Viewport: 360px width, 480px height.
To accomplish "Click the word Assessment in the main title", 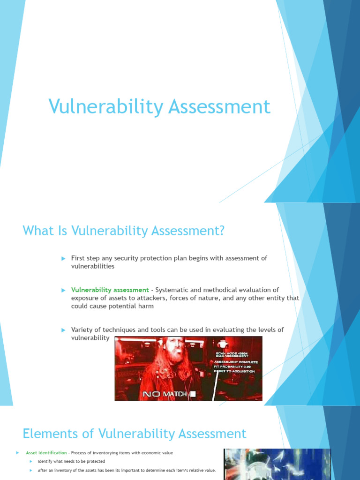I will [x=219, y=107].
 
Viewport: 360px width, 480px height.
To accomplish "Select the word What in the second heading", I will [x=38, y=231].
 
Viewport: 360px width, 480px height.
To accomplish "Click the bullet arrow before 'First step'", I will [x=63, y=258].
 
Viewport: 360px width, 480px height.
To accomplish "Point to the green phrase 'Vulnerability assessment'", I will [x=110, y=290].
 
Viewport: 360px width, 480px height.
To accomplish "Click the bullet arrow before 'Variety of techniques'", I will [x=63, y=330].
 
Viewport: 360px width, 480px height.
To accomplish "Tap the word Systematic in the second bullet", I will [x=172, y=290].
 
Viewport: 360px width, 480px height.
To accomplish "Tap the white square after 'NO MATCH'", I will [x=193, y=395].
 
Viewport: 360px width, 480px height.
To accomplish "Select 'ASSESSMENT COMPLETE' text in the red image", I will [x=236, y=362].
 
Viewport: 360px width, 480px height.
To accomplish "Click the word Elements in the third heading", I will [x=45, y=434].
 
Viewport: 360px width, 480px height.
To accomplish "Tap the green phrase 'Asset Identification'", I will [x=46, y=453].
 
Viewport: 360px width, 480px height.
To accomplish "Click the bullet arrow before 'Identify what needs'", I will [x=31, y=462].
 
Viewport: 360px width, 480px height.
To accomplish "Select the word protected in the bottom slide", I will [x=95, y=462].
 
